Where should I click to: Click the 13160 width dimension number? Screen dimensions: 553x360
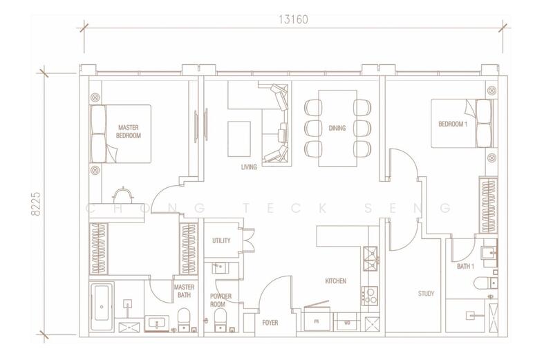tap(293, 19)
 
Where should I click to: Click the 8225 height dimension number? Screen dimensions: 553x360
tap(37, 204)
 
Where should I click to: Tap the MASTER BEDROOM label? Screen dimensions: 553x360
tap(129, 131)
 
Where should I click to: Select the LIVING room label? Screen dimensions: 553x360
tap(249, 167)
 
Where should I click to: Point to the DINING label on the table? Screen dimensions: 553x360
tap(337, 128)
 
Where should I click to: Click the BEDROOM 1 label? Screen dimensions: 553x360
tap(453, 124)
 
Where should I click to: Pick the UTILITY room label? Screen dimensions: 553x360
tap(221, 240)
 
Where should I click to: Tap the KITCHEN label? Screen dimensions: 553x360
tap(335, 281)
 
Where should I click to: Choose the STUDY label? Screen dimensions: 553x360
tap(426, 294)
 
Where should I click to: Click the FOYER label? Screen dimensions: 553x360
tap(270, 323)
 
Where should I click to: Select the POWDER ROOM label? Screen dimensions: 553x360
tap(221, 300)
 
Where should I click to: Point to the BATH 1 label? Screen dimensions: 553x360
tap(465, 267)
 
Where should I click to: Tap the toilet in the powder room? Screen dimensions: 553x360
tap(220, 320)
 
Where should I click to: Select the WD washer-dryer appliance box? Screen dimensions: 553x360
tap(347, 322)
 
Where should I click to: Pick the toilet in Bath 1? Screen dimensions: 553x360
tap(486, 283)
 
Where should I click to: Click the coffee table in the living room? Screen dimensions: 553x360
tap(239, 139)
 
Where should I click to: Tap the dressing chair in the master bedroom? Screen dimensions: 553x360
tap(123, 195)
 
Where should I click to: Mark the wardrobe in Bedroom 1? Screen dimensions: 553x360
tap(488, 205)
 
